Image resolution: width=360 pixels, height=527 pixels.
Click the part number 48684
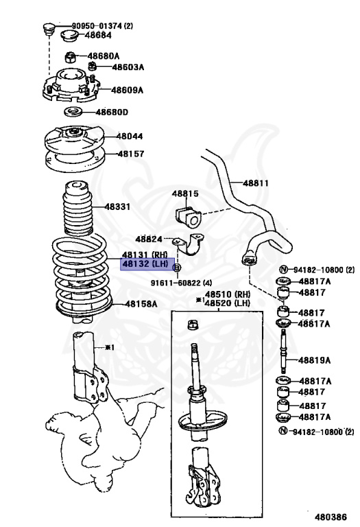coord(98,35)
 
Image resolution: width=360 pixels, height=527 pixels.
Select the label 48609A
coord(128,90)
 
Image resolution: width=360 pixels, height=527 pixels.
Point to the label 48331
coord(117,207)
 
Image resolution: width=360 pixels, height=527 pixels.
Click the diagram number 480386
coord(331,517)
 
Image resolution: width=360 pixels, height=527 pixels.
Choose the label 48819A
coord(314,360)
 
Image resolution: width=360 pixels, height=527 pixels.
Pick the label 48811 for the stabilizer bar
coord(256,183)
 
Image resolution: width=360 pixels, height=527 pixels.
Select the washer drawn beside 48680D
coord(73,112)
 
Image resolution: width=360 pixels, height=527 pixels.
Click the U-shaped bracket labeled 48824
coord(189,244)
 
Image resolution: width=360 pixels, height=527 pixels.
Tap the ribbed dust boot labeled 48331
coord(78,209)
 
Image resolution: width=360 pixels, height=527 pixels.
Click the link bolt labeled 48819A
coord(285,351)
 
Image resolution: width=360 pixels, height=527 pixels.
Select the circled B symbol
coord(177,268)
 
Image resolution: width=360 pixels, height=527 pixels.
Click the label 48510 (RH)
coord(228,294)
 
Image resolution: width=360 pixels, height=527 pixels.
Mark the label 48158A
coord(141,304)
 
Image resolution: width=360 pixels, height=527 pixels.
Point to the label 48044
coord(130,136)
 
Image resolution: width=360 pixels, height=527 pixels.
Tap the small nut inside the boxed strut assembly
coord(193,325)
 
